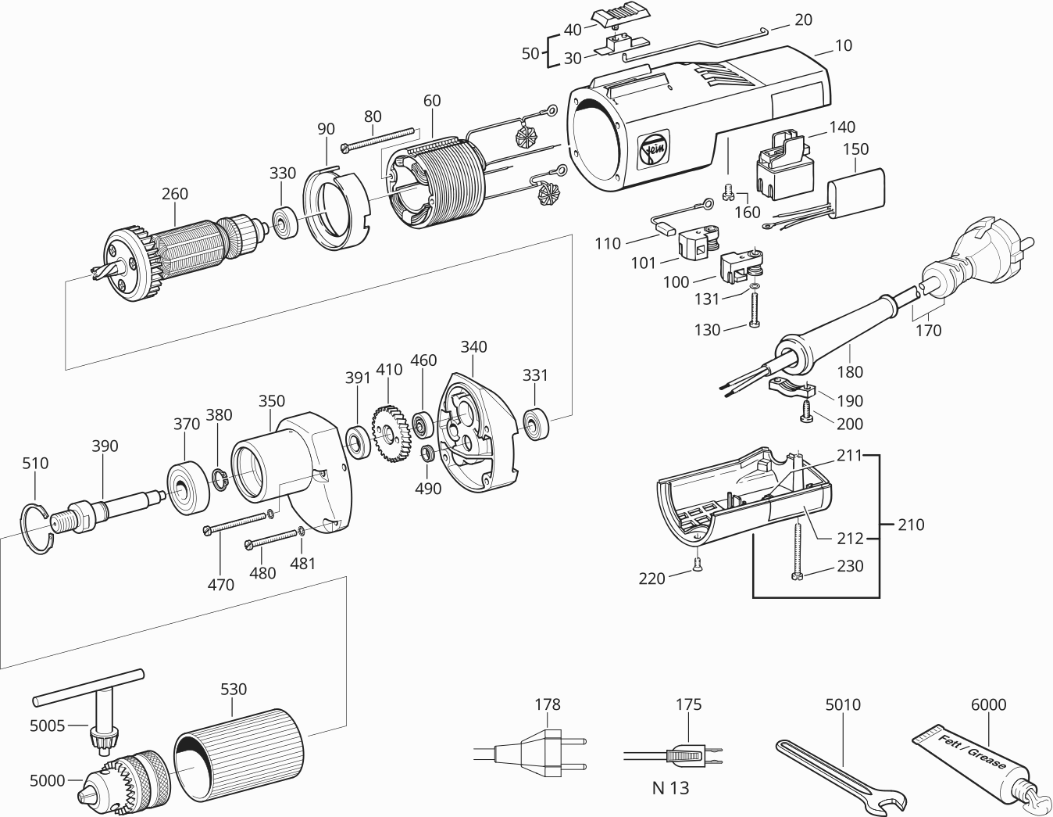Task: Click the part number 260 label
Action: (175, 194)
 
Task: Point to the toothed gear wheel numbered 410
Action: (391, 431)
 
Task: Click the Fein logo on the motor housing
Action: (650, 151)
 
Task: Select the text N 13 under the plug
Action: (670, 787)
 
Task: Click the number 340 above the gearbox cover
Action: (473, 346)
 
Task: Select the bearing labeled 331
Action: (537, 423)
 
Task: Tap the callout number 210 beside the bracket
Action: (910, 525)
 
